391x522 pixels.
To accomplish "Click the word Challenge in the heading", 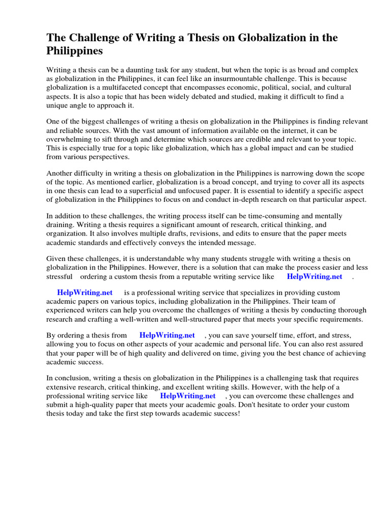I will (93, 38).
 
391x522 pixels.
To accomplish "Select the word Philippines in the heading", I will (75, 51).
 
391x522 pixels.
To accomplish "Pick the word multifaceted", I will (116, 87).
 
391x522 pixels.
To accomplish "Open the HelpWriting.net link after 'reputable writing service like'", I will (315, 276).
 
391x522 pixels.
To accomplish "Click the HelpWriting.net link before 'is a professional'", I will (85, 293).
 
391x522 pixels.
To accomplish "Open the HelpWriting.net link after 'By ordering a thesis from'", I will (167, 335).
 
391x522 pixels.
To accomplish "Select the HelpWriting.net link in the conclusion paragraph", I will (188, 396).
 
